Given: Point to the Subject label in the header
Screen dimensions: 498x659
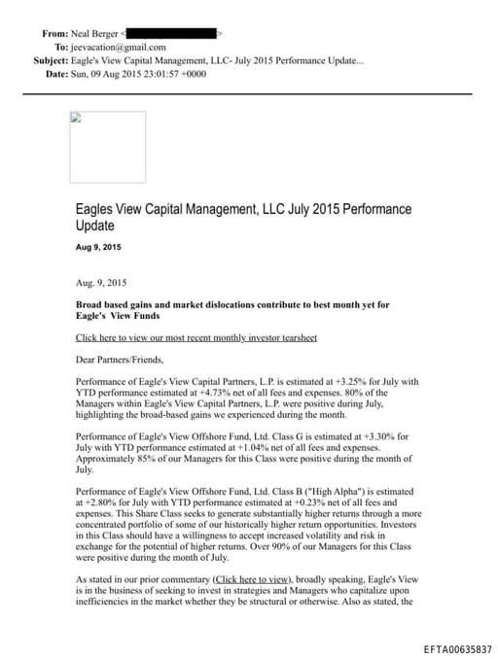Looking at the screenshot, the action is (x=50, y=60).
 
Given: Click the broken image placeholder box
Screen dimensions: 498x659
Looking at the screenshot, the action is (x=107, y=147).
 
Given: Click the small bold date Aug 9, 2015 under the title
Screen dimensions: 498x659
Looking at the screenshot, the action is (x=98, y=248).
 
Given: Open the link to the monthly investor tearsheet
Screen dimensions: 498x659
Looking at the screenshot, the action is (x=196, y=337).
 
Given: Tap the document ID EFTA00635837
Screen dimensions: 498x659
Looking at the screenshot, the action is (x=457, y=647).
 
